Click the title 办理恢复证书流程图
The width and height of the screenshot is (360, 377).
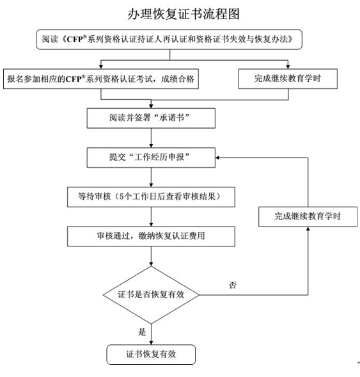coord(184,14)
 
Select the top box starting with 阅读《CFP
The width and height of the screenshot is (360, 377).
coord(169,40)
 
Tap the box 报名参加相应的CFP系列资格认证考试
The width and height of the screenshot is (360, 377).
coord(101,79)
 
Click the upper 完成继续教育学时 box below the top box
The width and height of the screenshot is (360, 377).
coord(288,79)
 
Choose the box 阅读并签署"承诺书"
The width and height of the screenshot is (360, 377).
coord(151,118)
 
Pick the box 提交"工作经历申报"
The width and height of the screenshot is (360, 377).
coord(151,157)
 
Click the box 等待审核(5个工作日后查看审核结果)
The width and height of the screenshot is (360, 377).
coord(151,197)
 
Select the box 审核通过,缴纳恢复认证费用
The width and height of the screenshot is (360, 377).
coord(151,236)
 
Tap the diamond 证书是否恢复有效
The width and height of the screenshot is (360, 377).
coord(151,295)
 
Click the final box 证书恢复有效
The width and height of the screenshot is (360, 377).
coord(151,355)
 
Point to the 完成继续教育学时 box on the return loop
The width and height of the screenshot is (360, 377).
coord(308,216)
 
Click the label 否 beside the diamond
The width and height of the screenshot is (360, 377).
coord(232,285)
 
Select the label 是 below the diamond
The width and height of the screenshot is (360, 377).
coord(142,332)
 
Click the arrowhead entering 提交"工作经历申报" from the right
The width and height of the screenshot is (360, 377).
coord(217,157)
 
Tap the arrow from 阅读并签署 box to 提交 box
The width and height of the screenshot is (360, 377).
coord(151,138)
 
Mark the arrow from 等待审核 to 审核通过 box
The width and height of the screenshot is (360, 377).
coord(151,216)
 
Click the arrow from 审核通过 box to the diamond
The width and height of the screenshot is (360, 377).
coord(151,256)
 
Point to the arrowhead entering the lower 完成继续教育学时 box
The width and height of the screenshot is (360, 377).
coord(308,229)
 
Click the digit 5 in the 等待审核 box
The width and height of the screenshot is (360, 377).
coord(121,197)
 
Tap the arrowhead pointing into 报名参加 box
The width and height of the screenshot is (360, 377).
coord(101,67)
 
